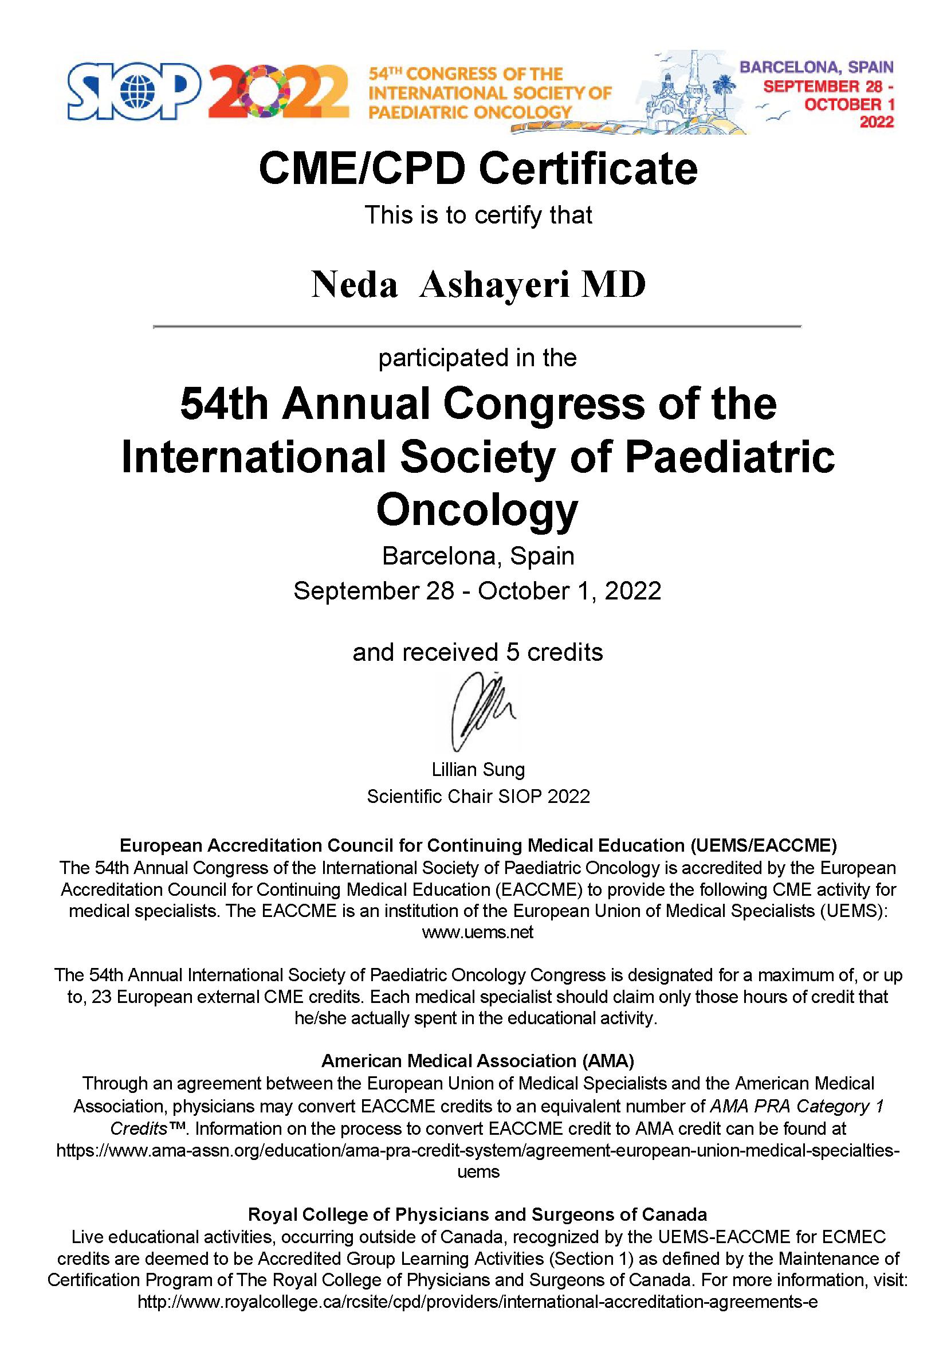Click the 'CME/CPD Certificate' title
(478, 170)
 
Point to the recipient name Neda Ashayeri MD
(478, 285)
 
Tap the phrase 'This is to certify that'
(478, 215)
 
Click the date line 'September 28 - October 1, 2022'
(477, 590)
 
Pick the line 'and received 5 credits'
(477, 652)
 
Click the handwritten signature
(480, 710)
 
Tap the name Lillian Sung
(478, 770)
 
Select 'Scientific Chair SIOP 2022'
(478, 796)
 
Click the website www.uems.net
(477, 932)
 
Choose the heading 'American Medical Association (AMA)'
(478, 1060)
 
